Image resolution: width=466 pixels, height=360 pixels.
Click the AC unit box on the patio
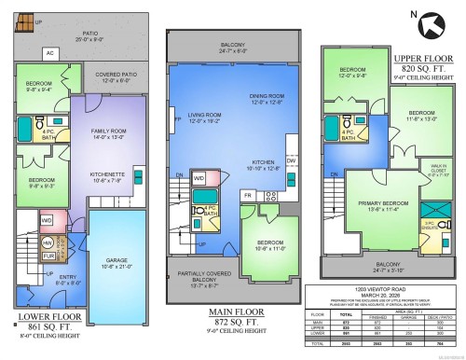click(x=50, y=54)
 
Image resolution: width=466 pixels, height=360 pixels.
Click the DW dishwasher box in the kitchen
click(x=291, y=160)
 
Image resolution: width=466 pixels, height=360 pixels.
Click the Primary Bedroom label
click(x=368, y=207)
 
